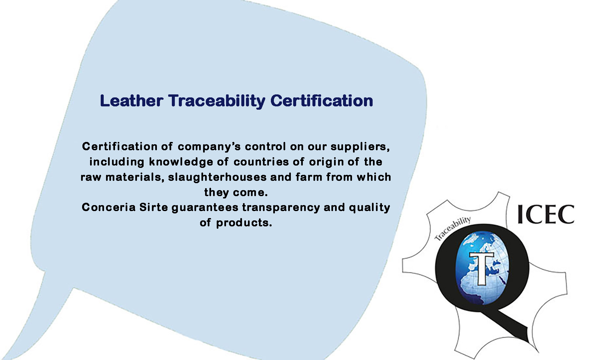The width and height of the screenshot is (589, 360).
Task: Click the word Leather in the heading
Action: [x=131, y=101]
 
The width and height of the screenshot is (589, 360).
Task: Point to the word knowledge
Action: [x=181, y=162]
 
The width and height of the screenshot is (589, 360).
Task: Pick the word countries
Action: [x=261, y=162]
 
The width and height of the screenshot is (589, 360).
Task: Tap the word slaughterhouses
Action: [x=217, y=177]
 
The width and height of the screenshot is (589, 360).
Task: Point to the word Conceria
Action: [x=109, y=207]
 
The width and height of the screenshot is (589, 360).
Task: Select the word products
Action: [x=244, y=223]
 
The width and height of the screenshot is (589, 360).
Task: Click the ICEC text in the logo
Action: [x=545, y=214]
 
